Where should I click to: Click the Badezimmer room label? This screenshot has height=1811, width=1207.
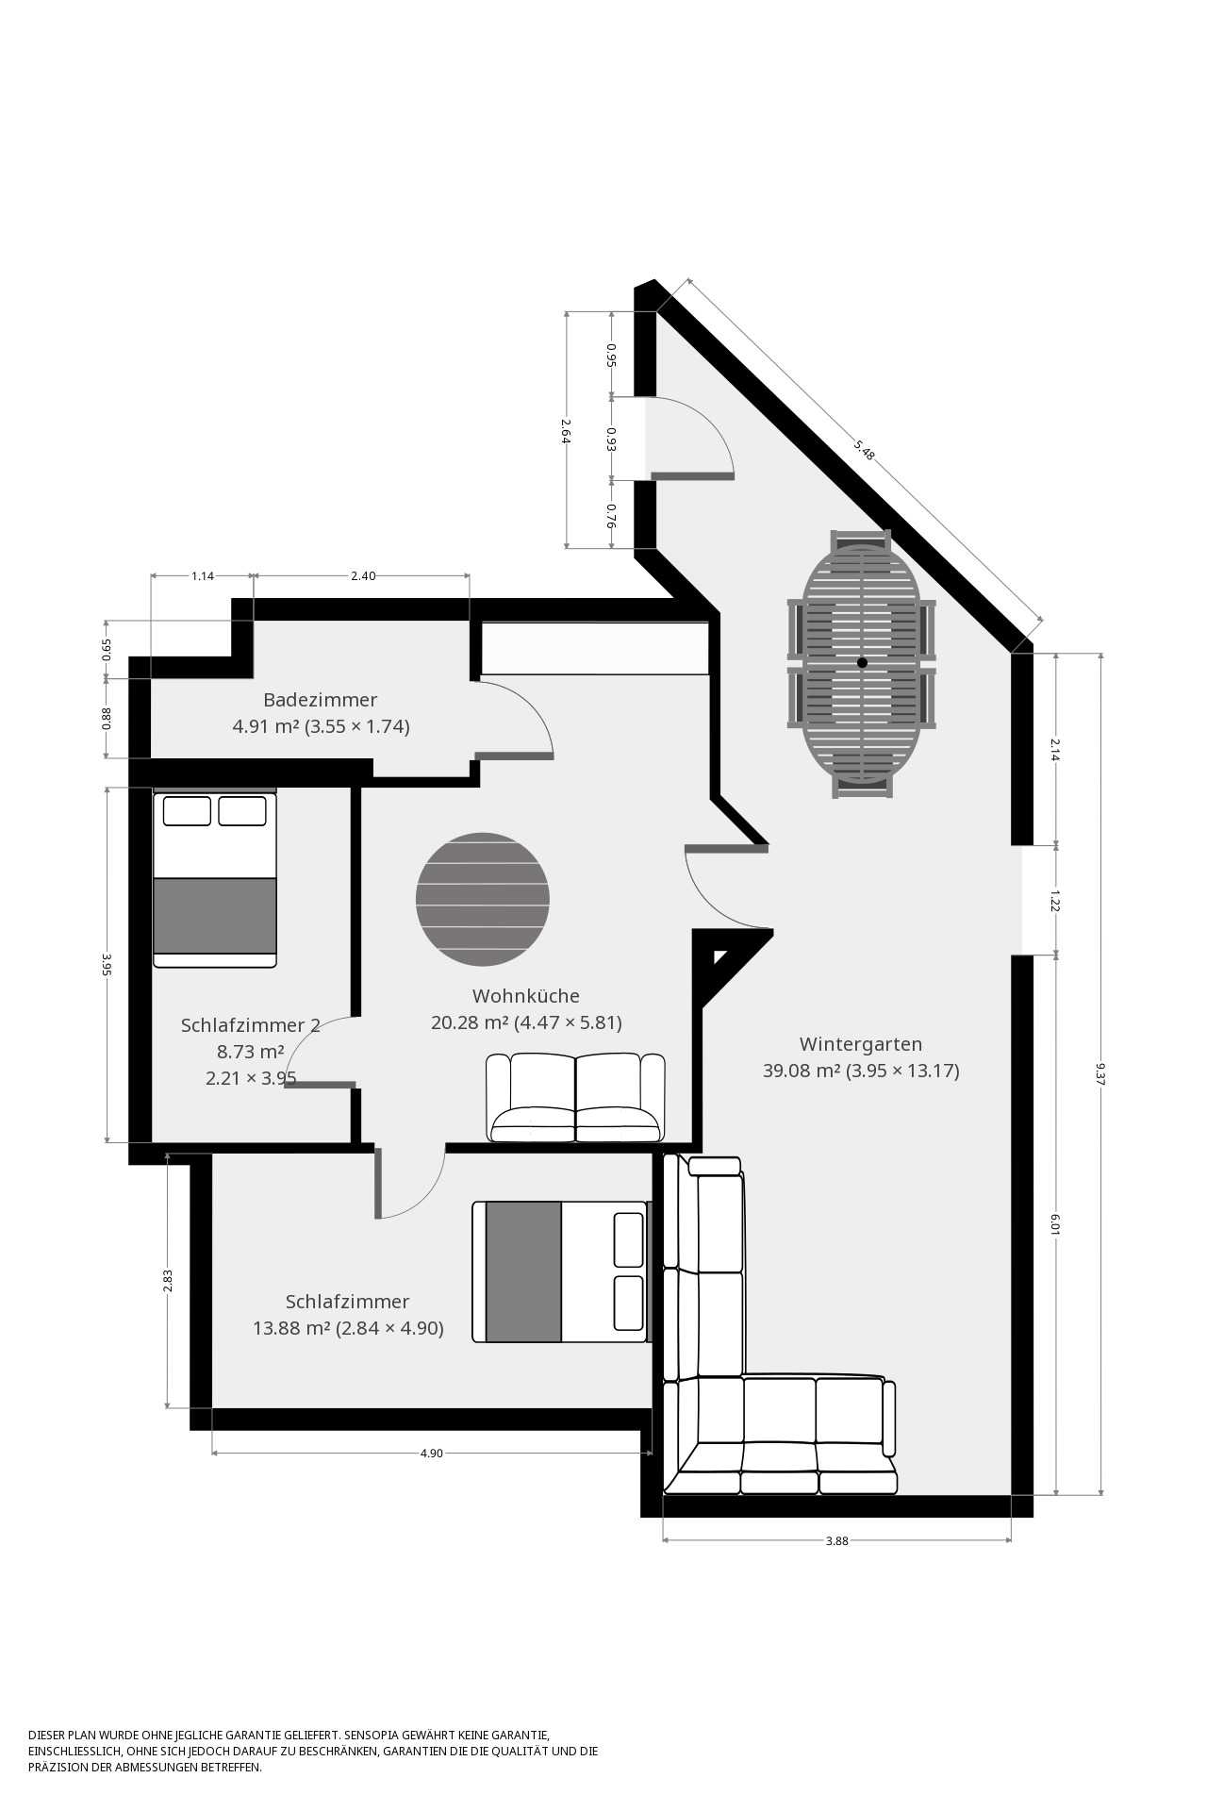coord(320,700)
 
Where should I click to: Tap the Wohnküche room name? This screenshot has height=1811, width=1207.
coord(526,996)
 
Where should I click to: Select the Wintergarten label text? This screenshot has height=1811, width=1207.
coord(861,1044)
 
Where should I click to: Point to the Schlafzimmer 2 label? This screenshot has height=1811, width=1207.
coord(251,1025)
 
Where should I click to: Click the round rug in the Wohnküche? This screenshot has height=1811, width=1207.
coord(483,900)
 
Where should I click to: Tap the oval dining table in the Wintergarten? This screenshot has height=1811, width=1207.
coord(862,664)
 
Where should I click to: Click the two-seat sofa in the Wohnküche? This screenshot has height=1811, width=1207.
coord(576,1098)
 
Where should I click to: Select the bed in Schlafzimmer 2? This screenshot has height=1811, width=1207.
coord(215,879)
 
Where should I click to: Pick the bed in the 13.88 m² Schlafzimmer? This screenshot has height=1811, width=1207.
coord(562,1271)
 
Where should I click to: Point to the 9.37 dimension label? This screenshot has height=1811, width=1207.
coord(1100,1074)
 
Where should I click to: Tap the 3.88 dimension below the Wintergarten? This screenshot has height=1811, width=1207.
coord(837,1541)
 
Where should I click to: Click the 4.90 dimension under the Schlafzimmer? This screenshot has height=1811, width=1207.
coord(431,1454)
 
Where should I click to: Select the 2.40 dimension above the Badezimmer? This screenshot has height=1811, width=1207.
coord(363,575)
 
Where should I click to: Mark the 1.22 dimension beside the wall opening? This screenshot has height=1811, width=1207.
coord(1055,900)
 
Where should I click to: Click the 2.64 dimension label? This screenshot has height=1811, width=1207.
coord(566,430)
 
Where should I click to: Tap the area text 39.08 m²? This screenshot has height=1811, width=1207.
coord(802,1071)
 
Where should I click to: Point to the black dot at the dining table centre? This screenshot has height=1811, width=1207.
coord(862,663)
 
